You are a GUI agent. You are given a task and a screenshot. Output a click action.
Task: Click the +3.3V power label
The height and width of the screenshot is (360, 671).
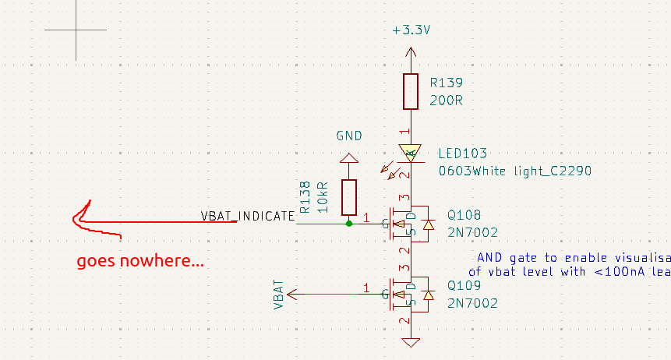pos(411,30)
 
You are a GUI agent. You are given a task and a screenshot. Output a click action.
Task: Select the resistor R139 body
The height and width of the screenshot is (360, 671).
pos(411,92)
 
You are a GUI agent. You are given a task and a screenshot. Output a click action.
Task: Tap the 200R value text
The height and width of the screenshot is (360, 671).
pos(447,101)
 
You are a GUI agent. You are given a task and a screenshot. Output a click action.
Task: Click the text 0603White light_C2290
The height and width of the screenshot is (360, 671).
pos(515,171)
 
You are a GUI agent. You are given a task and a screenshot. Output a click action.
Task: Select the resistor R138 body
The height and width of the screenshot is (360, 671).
pos(348,198)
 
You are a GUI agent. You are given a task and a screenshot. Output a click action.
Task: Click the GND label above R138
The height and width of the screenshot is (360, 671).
pos(349,136)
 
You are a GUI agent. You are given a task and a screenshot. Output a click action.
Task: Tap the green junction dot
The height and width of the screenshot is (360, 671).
pos(348,223)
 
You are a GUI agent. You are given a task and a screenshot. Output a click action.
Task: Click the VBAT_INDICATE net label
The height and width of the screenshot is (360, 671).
pos(248,216)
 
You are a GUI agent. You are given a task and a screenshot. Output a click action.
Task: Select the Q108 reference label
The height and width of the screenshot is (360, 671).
pos(464,215)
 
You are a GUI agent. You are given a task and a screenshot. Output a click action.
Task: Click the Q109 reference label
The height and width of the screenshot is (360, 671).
pos(464,286)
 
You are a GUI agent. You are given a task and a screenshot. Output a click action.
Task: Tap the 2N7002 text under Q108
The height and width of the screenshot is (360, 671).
pos(472,232)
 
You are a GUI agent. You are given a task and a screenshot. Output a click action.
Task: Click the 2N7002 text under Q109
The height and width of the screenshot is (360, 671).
pos(472,303)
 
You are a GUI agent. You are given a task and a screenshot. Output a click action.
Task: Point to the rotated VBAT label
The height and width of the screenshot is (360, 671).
pos(279,295)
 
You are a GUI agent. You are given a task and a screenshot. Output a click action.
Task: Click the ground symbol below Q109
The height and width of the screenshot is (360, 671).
pos(411,341)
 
